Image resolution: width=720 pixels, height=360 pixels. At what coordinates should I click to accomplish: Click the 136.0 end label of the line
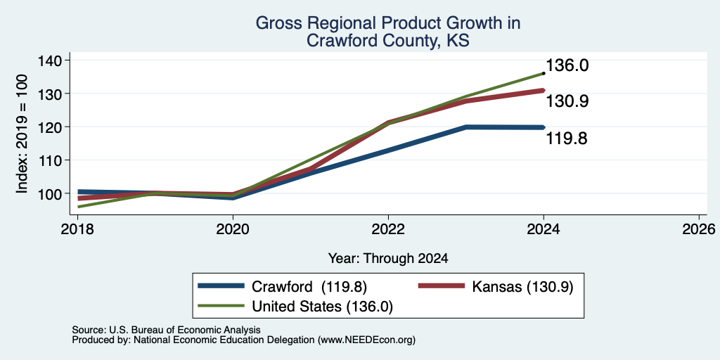567,65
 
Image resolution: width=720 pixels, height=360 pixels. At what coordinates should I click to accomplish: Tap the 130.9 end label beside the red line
567,101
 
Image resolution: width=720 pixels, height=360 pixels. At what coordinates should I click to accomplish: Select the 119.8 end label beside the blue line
567,139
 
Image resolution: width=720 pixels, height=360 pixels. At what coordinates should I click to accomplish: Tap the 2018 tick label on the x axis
77,229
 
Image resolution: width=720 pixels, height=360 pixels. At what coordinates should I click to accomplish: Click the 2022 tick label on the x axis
388,229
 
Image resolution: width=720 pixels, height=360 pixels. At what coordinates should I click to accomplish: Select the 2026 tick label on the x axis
699,229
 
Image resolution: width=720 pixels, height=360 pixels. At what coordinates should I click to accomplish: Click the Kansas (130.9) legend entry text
522,287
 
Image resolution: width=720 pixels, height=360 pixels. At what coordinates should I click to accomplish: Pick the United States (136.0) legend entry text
322,307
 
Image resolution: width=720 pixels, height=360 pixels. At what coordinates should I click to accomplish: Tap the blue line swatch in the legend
221,286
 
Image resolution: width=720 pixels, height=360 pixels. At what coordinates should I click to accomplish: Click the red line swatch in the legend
441,286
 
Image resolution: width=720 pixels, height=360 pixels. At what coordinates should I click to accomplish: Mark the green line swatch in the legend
221,306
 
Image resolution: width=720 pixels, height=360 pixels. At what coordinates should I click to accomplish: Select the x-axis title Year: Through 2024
388,259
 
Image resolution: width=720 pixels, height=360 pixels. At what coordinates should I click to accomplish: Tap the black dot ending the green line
544,73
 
